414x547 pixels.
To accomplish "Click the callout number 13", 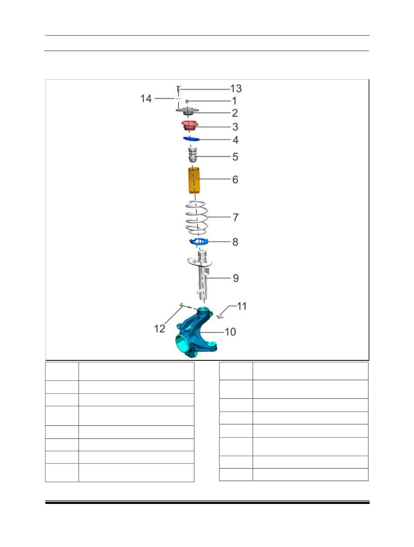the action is pos(236,88).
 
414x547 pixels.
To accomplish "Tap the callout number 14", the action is pos(146,98).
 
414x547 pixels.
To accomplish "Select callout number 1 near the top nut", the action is pos(234,101).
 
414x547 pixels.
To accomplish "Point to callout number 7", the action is pos(236,217).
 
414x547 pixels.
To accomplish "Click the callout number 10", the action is pos(230,332).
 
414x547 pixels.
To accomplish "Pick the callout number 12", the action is pos(159,329).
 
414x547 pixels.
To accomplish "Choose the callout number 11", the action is pos(241,306).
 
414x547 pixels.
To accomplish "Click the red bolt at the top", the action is pos(178,89).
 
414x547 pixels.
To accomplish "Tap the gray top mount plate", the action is pos(188,111).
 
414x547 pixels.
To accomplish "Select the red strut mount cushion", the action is pos(189,125).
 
